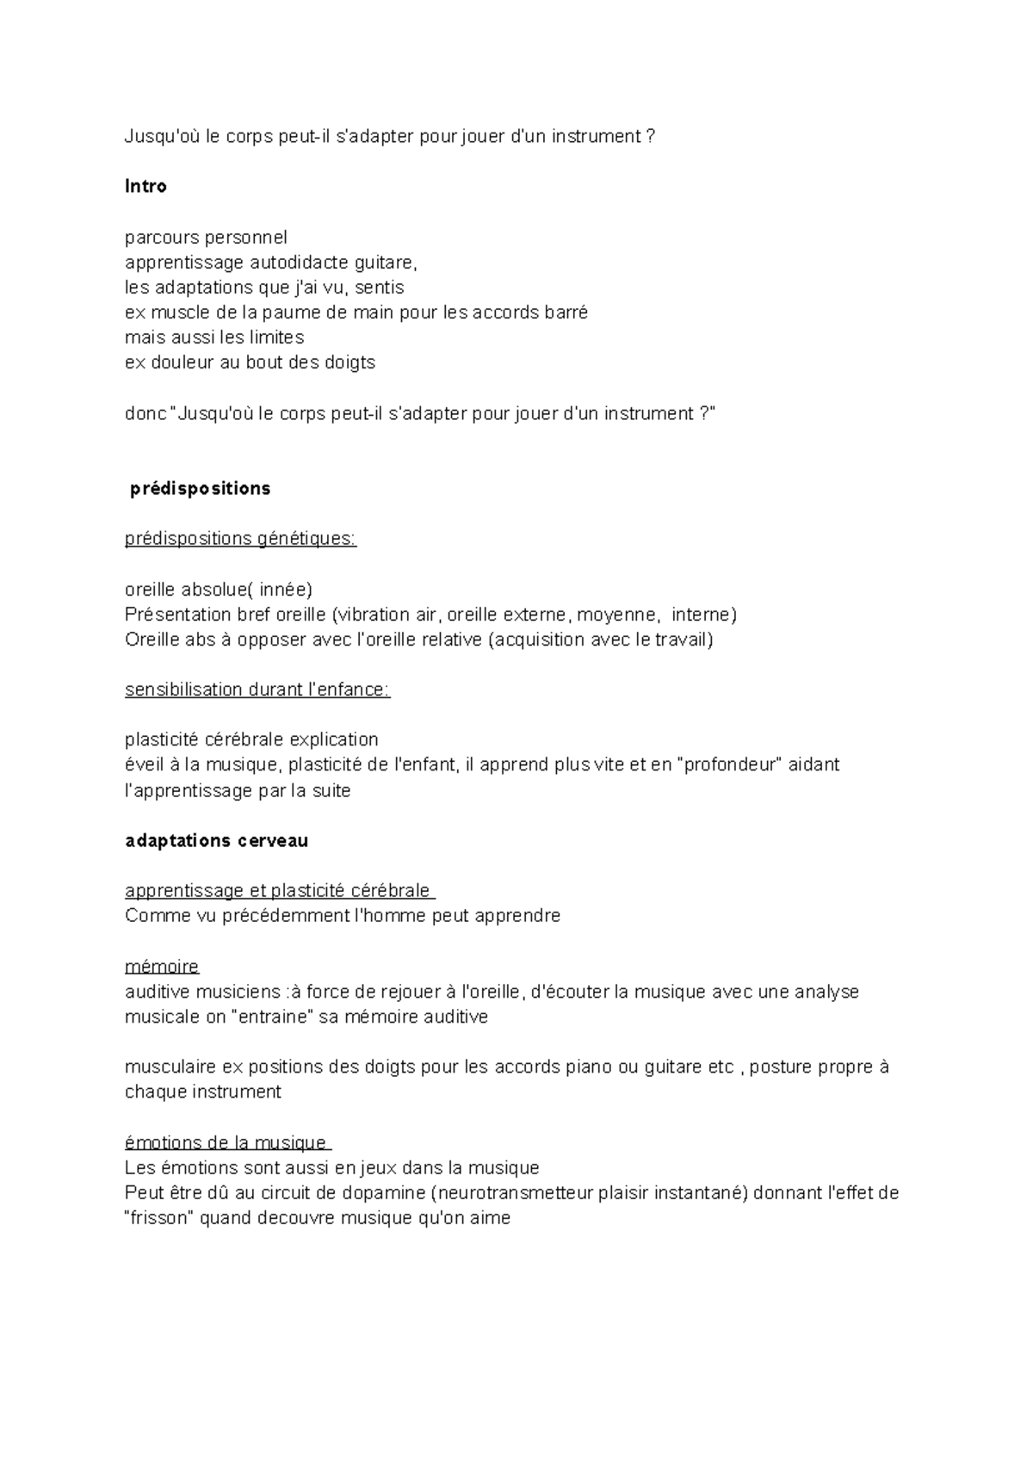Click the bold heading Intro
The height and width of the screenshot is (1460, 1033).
(145, 187)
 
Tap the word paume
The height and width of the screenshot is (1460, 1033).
(293, 312)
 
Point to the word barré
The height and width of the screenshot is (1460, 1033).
(566, 312)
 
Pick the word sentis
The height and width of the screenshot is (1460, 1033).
(379, 288)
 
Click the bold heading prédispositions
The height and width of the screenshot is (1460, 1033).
(200, 489)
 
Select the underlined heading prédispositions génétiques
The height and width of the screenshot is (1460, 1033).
(240, 539)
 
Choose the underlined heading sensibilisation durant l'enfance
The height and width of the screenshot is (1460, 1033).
(257, 690)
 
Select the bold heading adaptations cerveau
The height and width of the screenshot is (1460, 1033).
(216, 841)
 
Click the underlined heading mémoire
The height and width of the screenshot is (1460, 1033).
(162, 967)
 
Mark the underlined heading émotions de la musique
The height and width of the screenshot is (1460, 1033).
(226, 1143)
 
